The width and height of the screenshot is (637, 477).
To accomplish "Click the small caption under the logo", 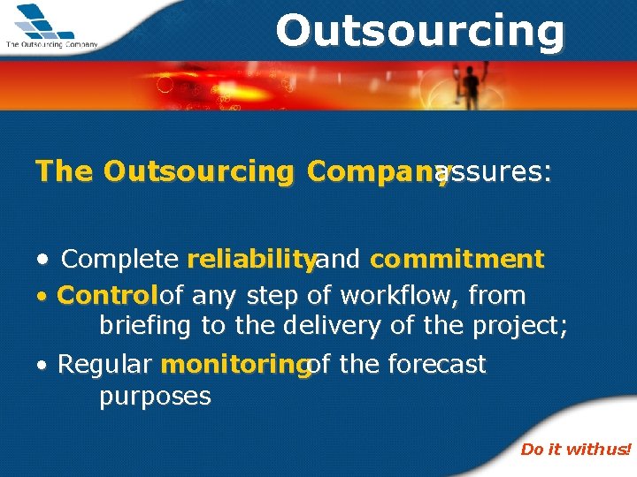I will click(x=51, y=43).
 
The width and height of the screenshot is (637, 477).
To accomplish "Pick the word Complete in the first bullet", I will click(x=119, y=260).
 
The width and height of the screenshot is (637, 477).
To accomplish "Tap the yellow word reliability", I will click(x=251, y=260).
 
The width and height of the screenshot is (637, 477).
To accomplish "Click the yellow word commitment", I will click(x=457, y=260).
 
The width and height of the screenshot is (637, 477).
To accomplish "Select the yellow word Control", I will click(x=107, y=295).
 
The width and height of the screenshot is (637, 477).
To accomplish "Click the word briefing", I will click(x=146, y=326).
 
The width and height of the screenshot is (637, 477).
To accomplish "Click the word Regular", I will click(x=105, y=365).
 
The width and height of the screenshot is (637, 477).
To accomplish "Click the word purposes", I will click(x=155, y=397).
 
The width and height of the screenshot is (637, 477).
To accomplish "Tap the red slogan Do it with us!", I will click(x=575, y=450).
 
